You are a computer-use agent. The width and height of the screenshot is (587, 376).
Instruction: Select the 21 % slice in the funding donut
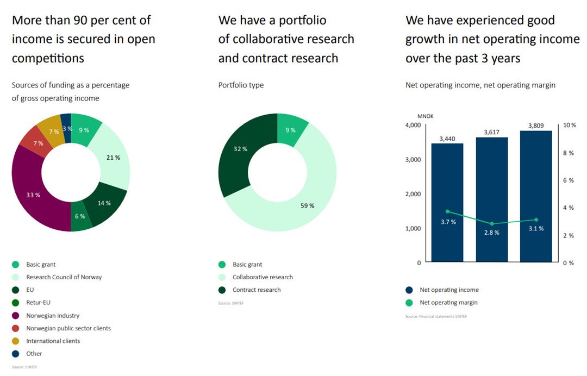(113, 158)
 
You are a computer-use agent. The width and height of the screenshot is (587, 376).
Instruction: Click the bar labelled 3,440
(447, 206)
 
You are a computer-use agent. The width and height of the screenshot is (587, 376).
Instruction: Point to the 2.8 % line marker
(492, 224)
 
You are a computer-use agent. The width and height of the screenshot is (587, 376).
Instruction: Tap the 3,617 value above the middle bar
(491, 132)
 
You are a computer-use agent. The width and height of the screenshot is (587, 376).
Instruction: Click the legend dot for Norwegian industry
(16, 316)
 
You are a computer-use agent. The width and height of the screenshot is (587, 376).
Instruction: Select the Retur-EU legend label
(38, 303)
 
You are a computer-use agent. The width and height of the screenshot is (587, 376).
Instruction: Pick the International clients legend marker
(16, 341)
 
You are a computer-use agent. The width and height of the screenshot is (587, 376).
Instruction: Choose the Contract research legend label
(257, 290)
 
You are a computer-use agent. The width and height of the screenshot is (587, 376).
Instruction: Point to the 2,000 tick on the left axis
(412, 194)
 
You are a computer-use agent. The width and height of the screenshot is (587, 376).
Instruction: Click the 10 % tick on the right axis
(570, 126)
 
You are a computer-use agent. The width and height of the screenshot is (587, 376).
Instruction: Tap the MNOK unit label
(425, 116)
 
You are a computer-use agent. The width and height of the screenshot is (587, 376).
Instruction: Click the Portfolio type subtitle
(241, 85)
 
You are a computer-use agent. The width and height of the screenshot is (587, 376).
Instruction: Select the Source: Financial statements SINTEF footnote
(436, 316)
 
